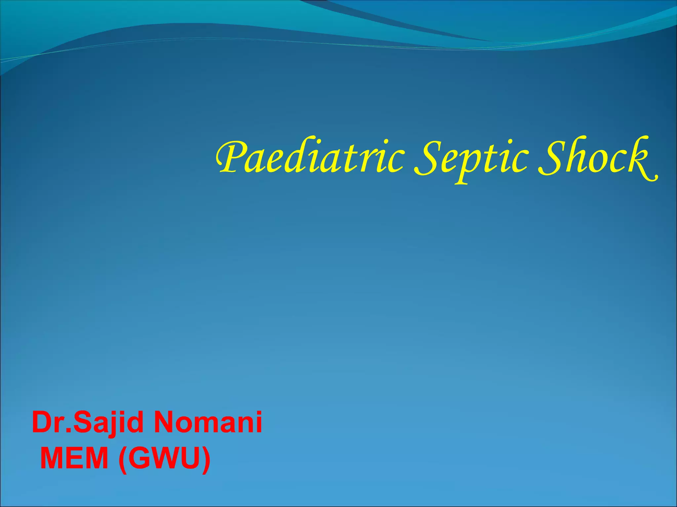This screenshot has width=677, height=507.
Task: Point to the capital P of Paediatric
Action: coord(231,157)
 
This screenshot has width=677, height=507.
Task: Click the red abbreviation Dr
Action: coord(50,422)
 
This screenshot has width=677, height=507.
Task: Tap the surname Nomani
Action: coord(208,422)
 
